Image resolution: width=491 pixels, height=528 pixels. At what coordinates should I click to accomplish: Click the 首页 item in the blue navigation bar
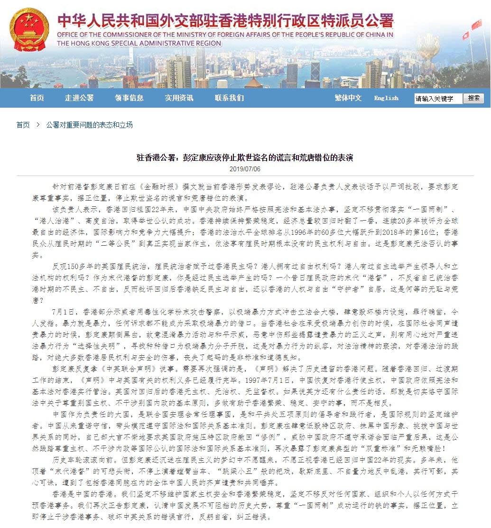pos(37,98)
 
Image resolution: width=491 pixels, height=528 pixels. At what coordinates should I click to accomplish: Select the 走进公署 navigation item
pos(79,98)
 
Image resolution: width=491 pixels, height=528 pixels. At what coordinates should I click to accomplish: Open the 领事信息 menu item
pos(129,98)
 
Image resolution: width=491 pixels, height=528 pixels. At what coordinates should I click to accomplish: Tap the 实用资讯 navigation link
pos(179,98)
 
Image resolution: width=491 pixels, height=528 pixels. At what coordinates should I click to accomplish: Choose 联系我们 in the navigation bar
pos(229,98)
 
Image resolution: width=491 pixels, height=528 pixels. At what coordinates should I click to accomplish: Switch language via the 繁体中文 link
pos(348,98)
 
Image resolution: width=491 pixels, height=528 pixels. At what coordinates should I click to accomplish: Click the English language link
pos(386,98)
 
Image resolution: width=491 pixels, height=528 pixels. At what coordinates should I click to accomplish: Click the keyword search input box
pos(437,99)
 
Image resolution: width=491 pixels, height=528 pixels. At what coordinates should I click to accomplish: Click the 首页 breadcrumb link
pos(23,125)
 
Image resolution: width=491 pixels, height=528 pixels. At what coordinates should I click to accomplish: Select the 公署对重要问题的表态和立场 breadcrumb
pos(89,125)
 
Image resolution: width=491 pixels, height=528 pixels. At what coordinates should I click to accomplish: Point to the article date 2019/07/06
pos(245,169)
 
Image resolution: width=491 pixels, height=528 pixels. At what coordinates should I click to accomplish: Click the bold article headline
pos(245,157)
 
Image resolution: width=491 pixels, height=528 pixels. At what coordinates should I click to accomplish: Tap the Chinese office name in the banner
pos(225,21)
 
